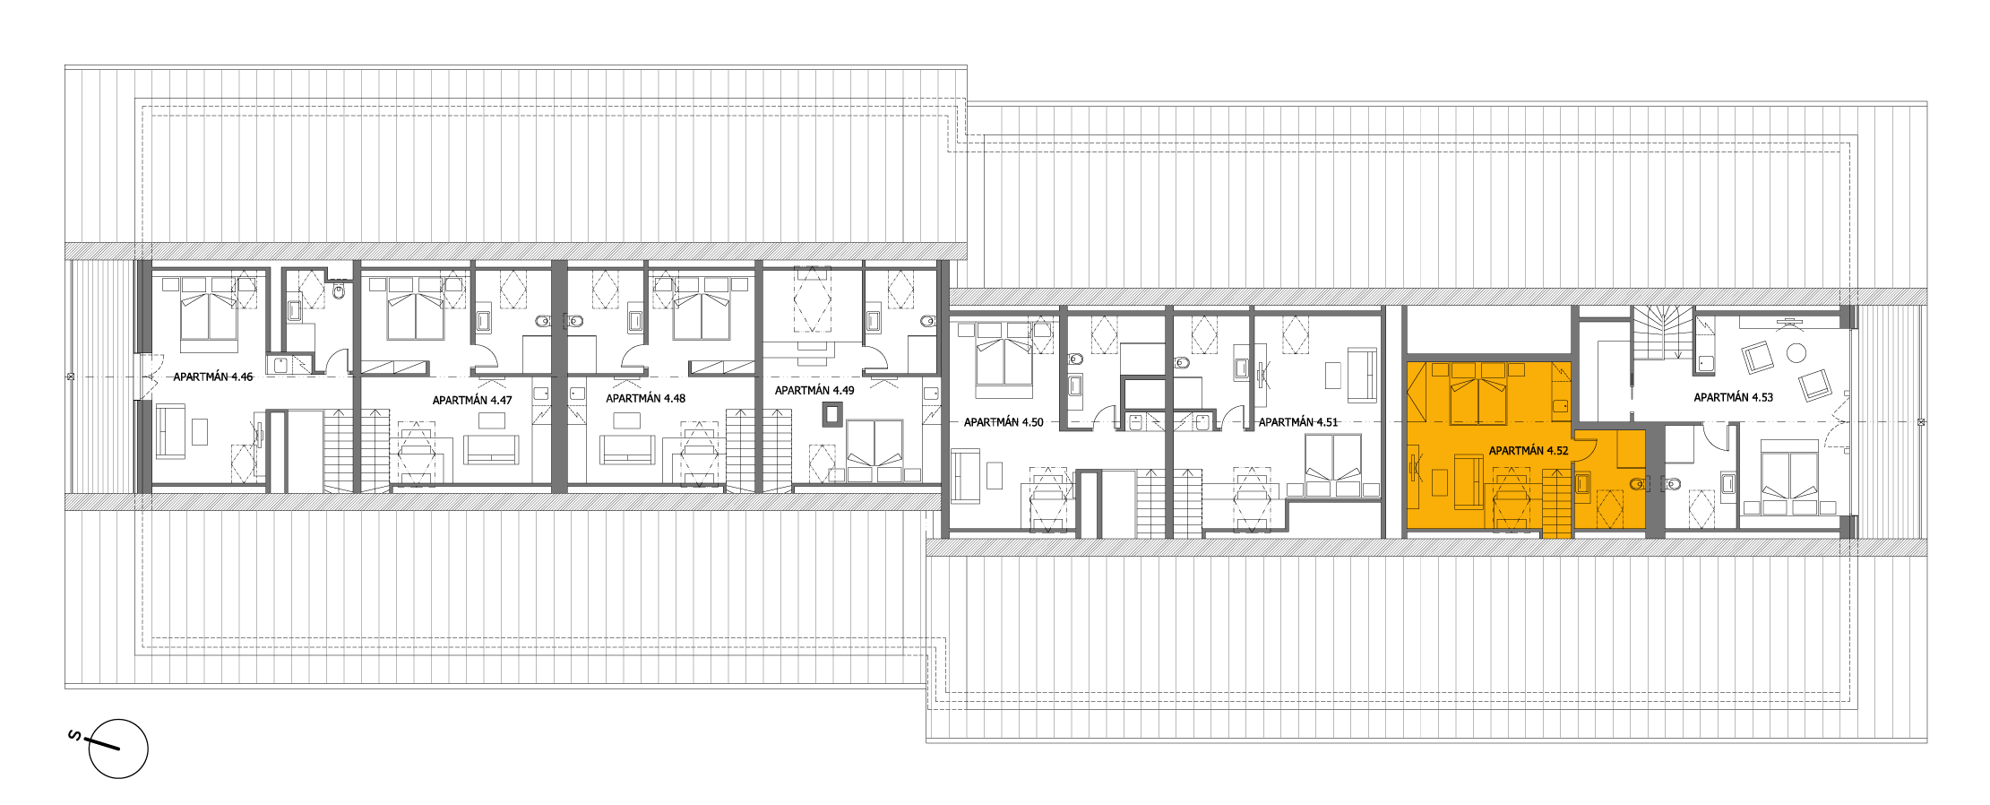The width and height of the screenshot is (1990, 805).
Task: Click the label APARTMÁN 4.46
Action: (213, 377)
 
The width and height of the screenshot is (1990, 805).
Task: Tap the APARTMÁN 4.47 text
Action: (472, 401)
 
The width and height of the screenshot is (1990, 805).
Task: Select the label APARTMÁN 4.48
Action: (645, 399)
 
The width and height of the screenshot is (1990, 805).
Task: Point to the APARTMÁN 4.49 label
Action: (814, 391)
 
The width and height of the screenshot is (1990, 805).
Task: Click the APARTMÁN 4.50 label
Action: (1004, 422)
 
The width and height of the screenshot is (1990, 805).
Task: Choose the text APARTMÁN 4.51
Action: (1298, 422)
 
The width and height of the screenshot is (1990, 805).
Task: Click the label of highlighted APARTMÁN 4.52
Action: (1529, 451)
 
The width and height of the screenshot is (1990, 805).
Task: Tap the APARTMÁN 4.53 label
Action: (1734, 397)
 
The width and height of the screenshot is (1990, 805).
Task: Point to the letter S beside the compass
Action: (75, 737)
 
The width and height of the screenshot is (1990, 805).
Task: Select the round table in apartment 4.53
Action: (1796, 353)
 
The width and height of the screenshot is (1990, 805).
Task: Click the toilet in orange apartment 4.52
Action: (1637, 484)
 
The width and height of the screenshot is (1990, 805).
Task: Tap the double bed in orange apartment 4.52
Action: (1478, 394)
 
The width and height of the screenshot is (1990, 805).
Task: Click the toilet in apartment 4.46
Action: (339, 290)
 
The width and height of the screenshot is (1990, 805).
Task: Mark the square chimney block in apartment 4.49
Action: (833, 413)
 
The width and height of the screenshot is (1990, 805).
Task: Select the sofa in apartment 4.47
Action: (491, 449)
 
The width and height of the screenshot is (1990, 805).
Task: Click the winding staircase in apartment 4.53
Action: (1662, 333)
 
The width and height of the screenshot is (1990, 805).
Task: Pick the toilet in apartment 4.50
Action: (1076, 359)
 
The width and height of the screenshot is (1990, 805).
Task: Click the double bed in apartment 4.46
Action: (210, 314)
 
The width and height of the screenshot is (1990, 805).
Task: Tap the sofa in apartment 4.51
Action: (1362, 375)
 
